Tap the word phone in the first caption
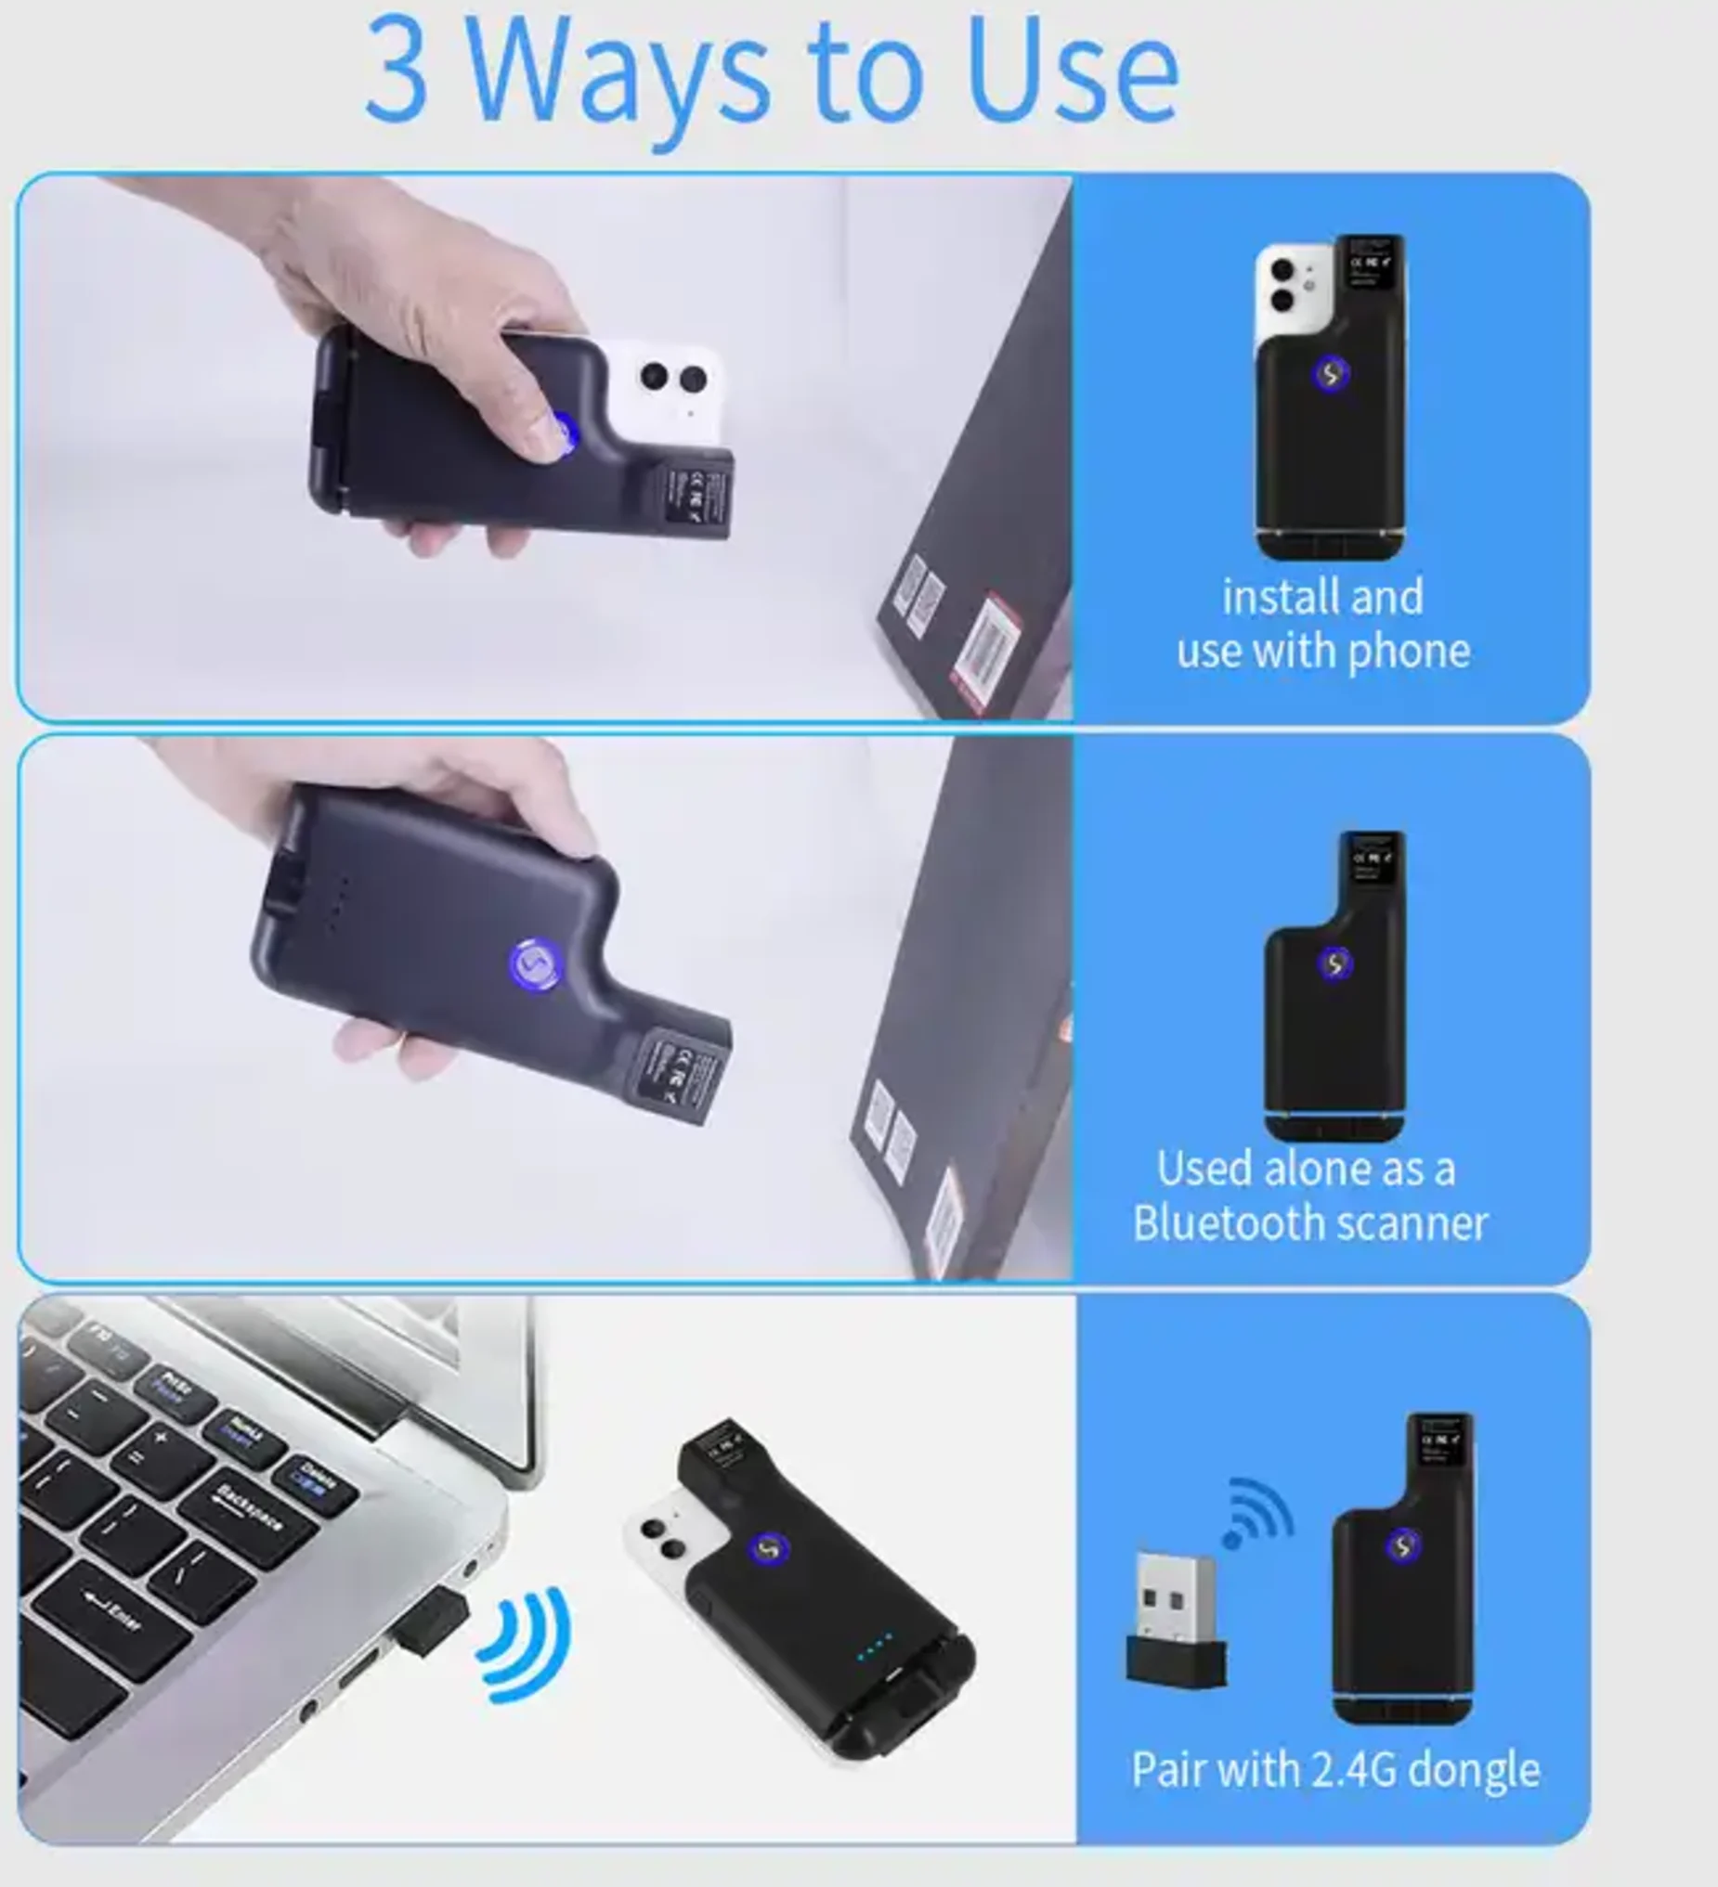[x=1408, y=651]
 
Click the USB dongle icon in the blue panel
[x=1176, y=1621]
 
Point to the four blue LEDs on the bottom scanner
[x=876, y=1648]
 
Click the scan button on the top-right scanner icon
[x=1330, y=374]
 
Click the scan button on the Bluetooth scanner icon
[x=1334, y=964]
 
